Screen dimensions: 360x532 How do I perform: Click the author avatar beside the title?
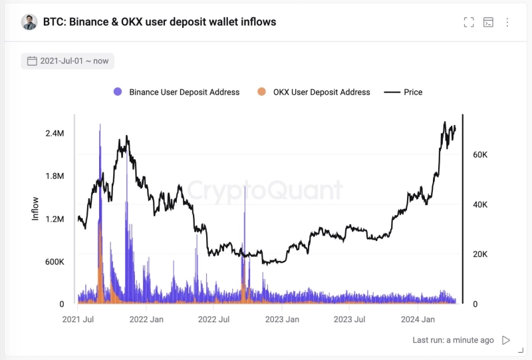point(29,22)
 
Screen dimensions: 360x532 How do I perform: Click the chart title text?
point(160,22)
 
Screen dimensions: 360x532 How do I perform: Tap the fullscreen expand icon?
point(469,22)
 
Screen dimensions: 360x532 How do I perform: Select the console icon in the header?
point(488,22)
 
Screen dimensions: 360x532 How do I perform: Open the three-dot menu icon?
point(507,22)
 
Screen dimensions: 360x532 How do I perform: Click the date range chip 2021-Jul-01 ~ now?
point(67,61)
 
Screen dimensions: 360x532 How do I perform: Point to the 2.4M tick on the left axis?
point(55,134)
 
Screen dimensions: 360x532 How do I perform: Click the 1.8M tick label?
point(55,176)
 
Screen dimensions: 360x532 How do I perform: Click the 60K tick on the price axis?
point(480,154)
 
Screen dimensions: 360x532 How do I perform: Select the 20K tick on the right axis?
point(480,254)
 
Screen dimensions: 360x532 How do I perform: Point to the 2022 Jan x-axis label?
point(146,319)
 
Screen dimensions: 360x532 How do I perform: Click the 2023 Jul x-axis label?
point(350,319)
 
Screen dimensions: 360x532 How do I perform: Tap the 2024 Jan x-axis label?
point(418,319)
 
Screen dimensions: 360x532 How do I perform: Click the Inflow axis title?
point(36,208)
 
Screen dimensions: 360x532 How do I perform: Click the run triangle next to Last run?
point(506,340)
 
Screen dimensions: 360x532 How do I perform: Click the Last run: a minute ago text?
point(453,340)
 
